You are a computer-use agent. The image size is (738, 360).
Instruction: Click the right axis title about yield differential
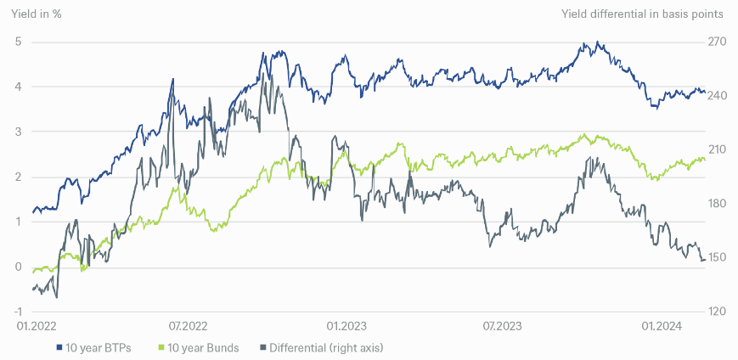point(643,14)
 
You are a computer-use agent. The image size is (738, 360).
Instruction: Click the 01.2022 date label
point(32,325)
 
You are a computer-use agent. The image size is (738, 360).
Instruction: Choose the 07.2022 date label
point(188,325)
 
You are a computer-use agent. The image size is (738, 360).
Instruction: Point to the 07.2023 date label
point(501,325)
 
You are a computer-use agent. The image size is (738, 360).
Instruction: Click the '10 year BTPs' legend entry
point(93,347)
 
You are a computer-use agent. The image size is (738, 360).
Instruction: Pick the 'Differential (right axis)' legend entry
point(321,347)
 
